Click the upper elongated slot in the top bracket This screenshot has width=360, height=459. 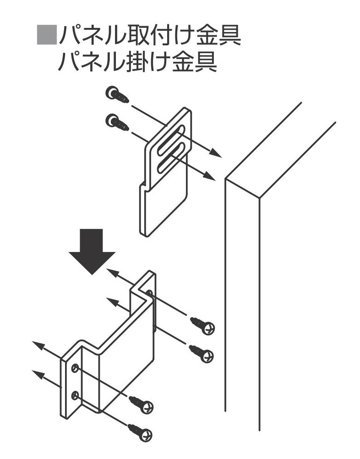pyautogui.click(x=169, y=140)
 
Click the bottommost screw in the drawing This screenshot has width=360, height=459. pyautogui.click(x=141, y=432)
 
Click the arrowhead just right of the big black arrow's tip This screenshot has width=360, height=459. pyautogui.click(x=112, y=274)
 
